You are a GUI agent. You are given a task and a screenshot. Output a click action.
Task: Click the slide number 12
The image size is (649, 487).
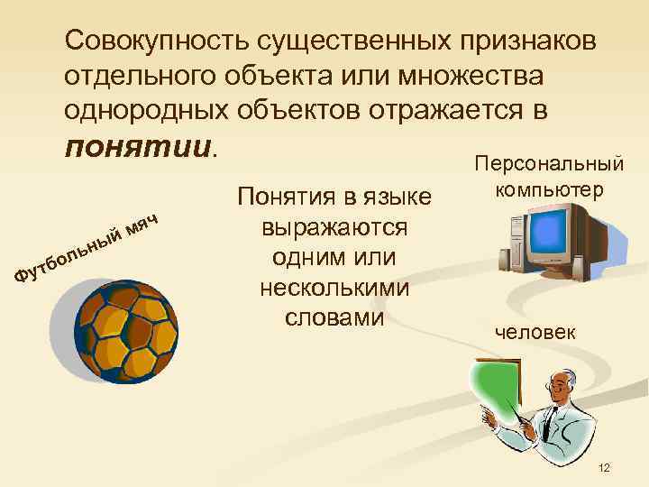(x=604, y=467)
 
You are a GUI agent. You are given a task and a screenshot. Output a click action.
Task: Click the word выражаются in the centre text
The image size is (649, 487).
(x=334, y=226)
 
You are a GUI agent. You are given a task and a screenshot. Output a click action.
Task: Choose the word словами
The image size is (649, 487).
(x=334, y=318)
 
